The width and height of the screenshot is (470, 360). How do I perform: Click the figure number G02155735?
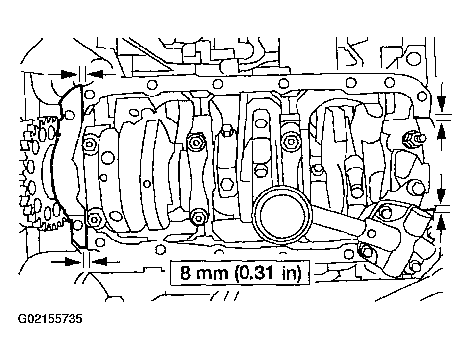pos(50,319)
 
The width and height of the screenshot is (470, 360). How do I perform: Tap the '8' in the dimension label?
pos(185,273)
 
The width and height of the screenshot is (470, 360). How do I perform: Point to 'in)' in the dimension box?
pos(291,273)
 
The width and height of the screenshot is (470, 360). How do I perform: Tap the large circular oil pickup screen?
pos(281,215)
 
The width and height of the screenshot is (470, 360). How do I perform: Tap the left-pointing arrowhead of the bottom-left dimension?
pos(99,262)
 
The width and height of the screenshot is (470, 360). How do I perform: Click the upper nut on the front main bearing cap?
pos(89,144)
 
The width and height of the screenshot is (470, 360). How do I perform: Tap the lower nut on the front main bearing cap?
pos(94,220)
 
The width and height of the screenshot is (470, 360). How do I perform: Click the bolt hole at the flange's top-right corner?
pos(422,96)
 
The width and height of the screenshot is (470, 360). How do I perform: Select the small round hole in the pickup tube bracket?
pos(371,233)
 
